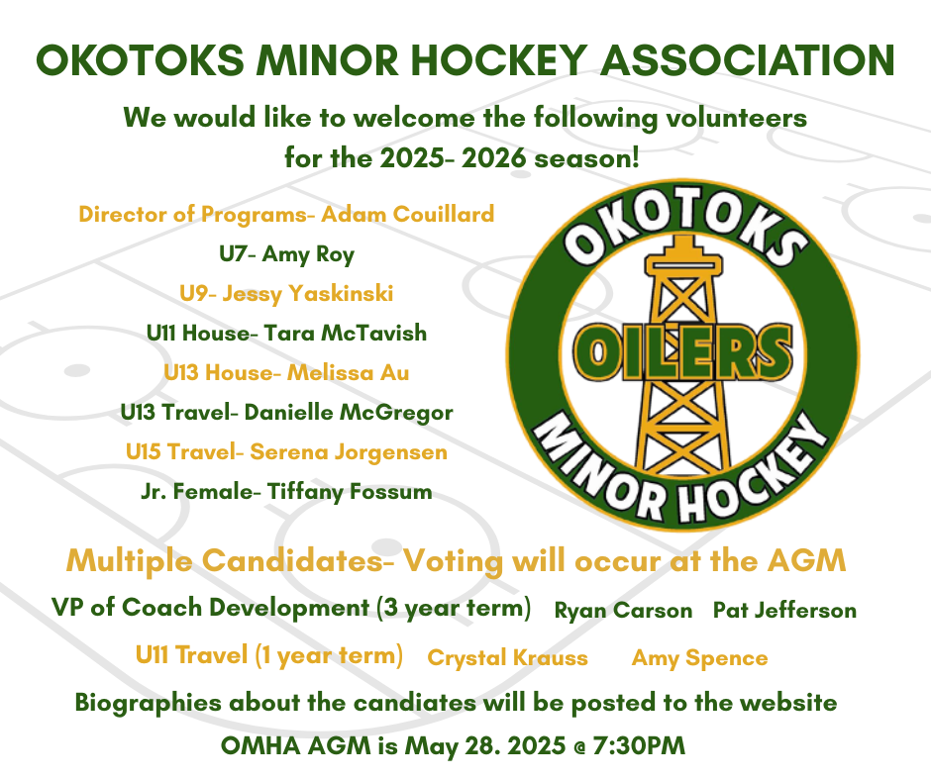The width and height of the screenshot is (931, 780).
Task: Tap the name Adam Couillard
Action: click(407, 214)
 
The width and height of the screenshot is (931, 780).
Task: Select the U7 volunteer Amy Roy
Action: click(308, 254)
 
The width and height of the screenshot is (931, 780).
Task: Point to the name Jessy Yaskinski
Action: click(308, 294)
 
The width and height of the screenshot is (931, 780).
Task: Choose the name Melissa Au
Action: click(348, 373)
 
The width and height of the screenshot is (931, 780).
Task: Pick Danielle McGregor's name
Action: click(349, 413)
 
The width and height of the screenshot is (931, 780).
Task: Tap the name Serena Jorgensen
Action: click(349, 452)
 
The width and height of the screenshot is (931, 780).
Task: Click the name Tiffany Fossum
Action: click(349, 492)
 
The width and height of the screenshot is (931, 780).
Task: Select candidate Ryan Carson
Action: click(623, 610)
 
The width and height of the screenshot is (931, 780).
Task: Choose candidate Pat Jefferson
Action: click(784, 610)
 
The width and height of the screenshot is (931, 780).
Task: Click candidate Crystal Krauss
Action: click(508, 657)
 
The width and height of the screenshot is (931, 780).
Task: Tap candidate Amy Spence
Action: click(699, 657)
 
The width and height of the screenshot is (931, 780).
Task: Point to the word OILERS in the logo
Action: click(682, 351)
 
